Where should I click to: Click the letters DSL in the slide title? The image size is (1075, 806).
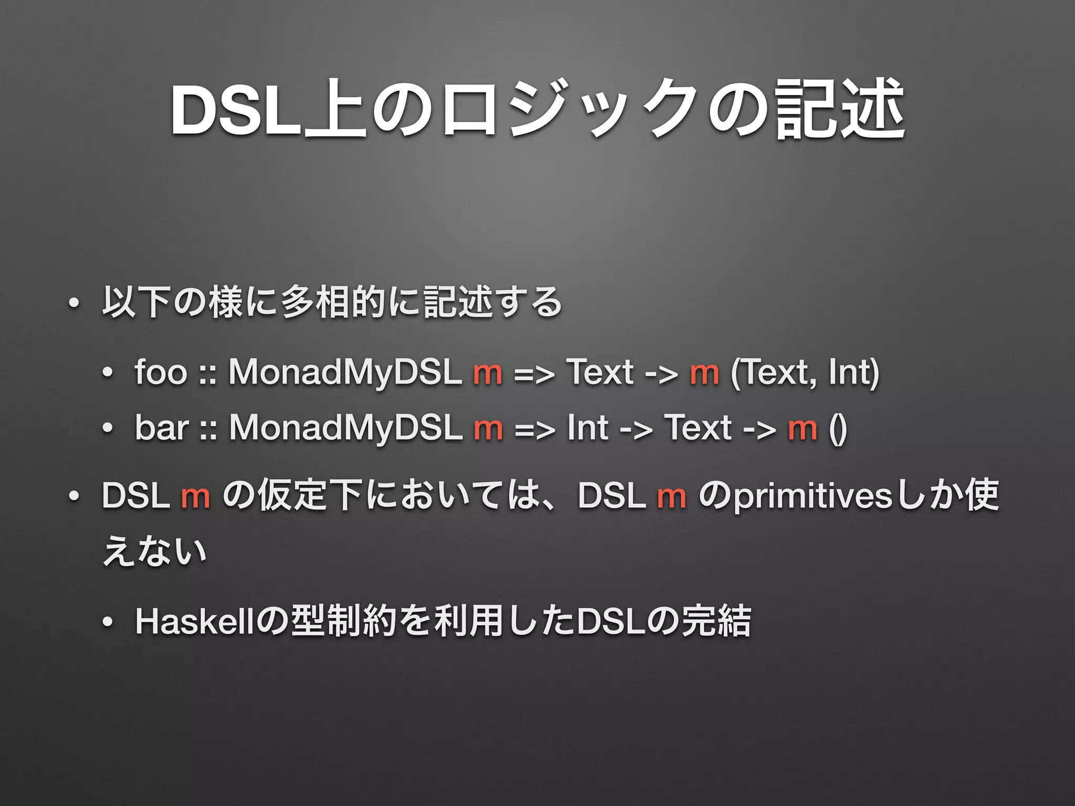(x=236, y=109)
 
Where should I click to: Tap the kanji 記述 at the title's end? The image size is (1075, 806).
(x=840, y=109)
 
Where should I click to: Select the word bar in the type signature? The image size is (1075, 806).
(x=161, y=427)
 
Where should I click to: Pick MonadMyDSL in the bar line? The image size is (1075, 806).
(x=345, y=427)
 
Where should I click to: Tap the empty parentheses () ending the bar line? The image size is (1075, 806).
(x=838, y=428)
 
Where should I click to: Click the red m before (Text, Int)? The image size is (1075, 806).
(x=704, y=373)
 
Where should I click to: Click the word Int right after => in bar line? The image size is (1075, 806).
(x=587, y=427)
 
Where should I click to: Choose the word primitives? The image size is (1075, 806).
(x=813, y=496)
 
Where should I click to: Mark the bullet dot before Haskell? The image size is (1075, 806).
(x=108, y=622)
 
